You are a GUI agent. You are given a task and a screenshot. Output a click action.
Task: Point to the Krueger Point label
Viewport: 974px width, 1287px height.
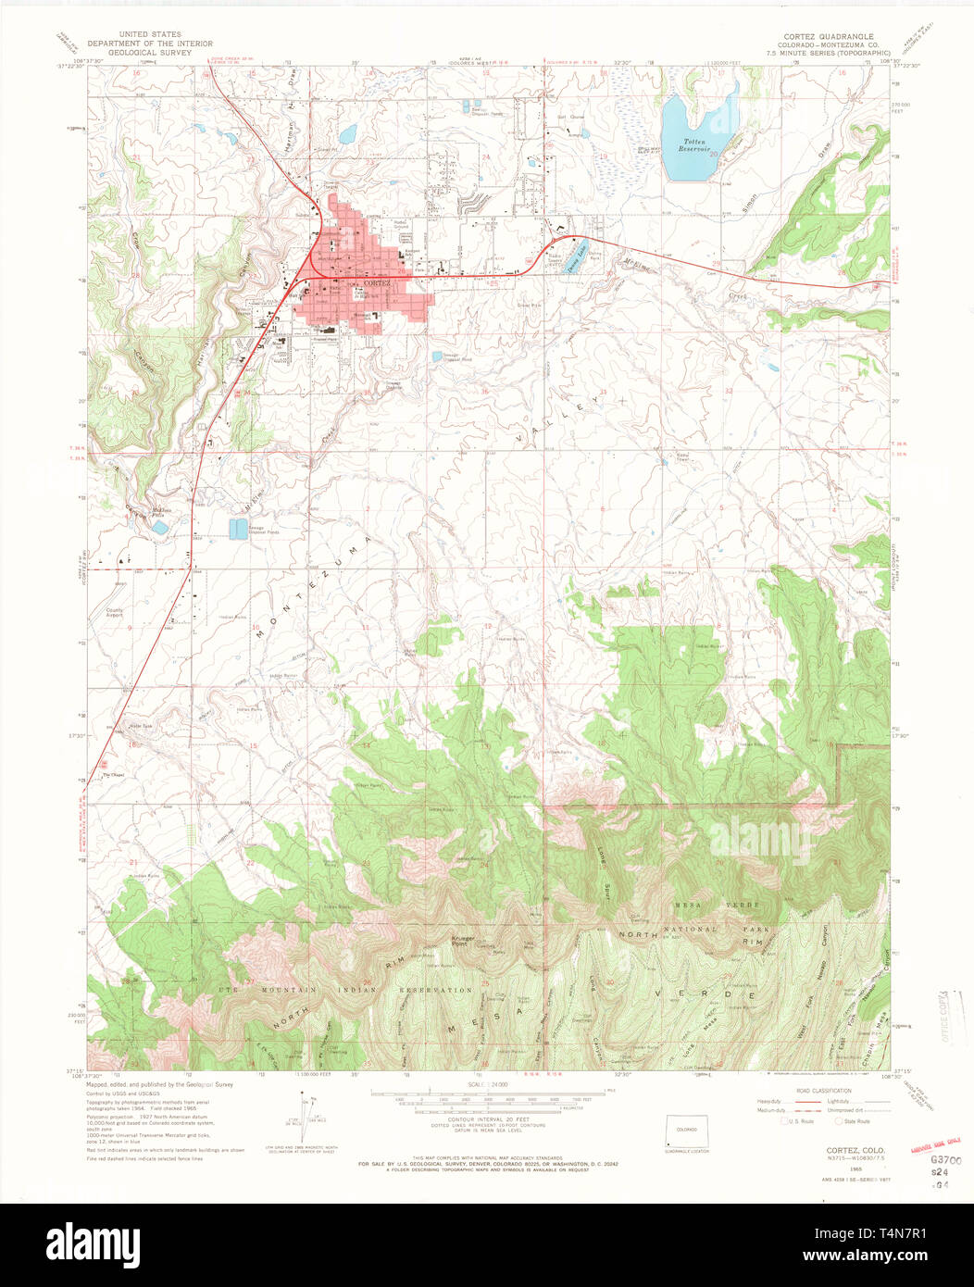(463, 941)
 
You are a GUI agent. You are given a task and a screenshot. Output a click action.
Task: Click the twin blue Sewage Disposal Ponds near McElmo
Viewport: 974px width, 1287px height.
(238, 528)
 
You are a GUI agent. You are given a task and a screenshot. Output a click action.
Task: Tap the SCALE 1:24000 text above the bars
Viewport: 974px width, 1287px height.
(487, 1084)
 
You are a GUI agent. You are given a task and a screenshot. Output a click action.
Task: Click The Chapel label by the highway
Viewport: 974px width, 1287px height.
(112, 775)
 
